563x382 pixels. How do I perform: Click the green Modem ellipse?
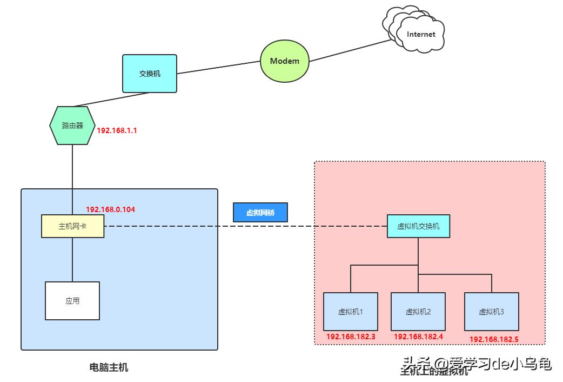[284, 61]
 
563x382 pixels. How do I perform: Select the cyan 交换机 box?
[150, 74]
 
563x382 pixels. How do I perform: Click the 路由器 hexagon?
[72, 126]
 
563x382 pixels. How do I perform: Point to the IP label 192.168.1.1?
[117, 130]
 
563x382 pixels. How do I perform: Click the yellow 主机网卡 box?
[72, 226]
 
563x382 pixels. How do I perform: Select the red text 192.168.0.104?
[110, 209]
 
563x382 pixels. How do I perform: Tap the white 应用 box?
[72, 301]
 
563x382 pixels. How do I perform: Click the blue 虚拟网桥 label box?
[260, 213]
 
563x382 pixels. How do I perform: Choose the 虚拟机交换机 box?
[418, 226]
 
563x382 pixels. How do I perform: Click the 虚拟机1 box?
[350, 312]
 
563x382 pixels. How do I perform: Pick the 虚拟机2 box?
[418, 312]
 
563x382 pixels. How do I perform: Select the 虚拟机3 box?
[491, 312]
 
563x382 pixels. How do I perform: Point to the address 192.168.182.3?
[351, 337]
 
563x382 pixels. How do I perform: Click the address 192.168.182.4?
[418, 337]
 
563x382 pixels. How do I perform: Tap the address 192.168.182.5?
[493, 339]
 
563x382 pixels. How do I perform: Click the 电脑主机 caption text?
[109, 368]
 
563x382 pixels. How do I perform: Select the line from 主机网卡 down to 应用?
[72, 260]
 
